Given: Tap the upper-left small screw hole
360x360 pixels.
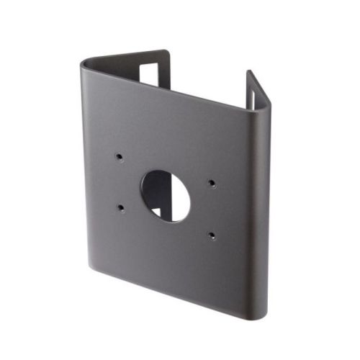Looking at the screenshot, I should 117,156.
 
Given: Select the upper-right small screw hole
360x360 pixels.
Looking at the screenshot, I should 211,182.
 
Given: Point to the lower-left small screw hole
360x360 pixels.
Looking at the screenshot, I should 120,207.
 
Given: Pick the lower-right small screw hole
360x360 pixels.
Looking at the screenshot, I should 212,234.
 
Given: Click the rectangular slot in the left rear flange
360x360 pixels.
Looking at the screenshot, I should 151,73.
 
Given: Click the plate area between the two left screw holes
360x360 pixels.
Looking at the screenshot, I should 119,181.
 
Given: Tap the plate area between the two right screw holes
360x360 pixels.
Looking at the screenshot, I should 212,208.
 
